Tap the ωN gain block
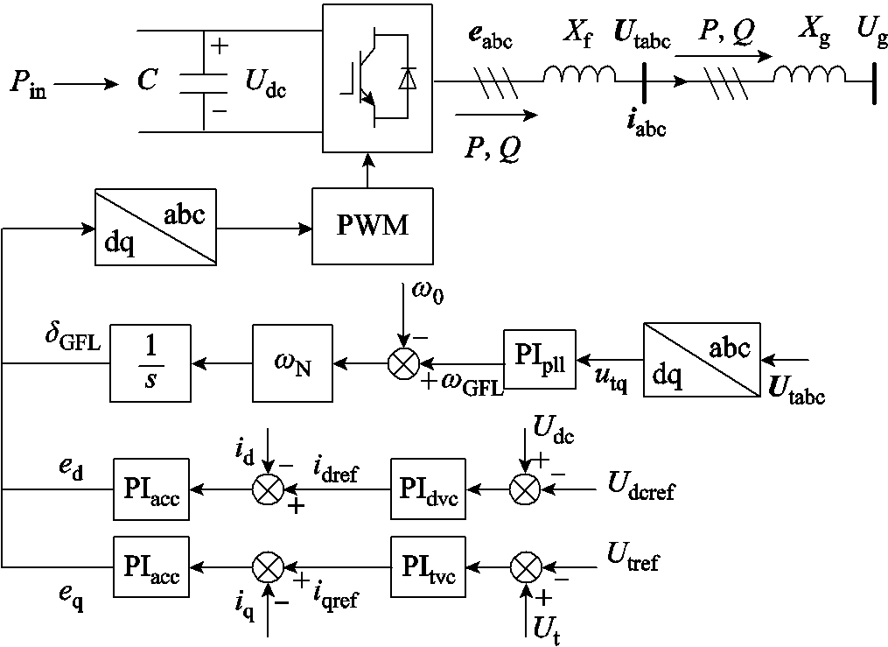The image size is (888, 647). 293,362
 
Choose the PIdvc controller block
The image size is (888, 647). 428,489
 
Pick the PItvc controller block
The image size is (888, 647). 428,566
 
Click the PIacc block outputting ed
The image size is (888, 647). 150,489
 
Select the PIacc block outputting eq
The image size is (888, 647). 150,566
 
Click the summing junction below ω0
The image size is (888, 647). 403,362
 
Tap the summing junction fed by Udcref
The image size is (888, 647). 525,489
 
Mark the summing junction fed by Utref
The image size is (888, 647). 525,566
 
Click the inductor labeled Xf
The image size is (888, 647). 579,77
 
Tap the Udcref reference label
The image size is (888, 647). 641,486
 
